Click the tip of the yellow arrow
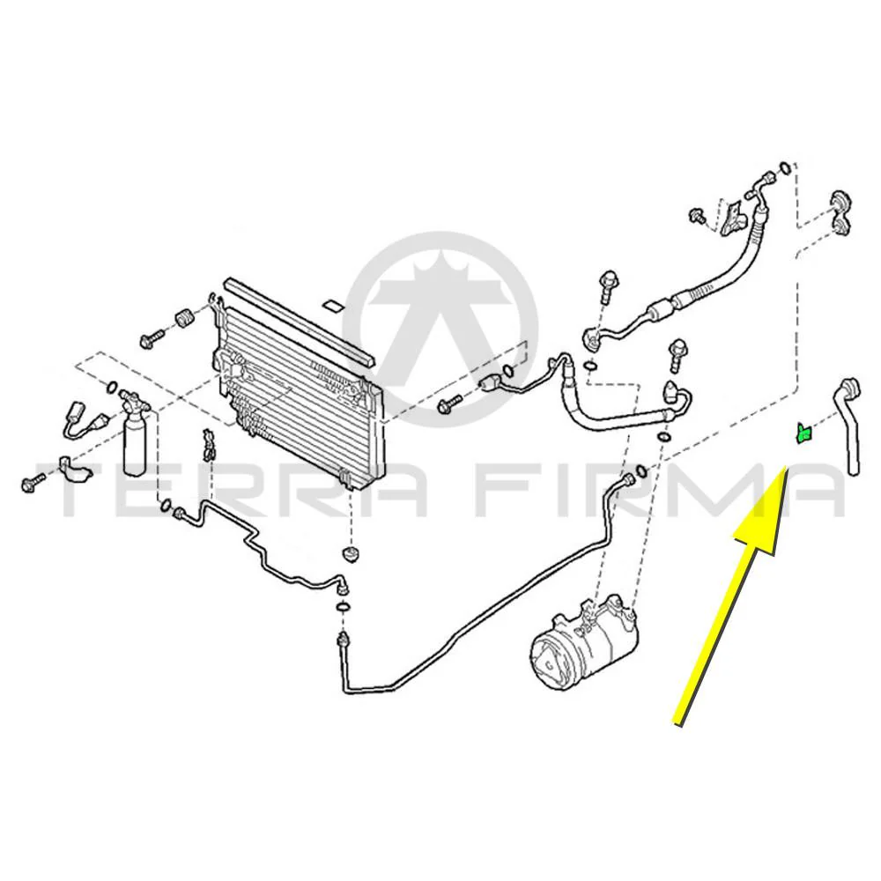785,466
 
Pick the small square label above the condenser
332,307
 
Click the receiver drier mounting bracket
75,468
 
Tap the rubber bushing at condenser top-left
183,318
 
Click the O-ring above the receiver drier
111,387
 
